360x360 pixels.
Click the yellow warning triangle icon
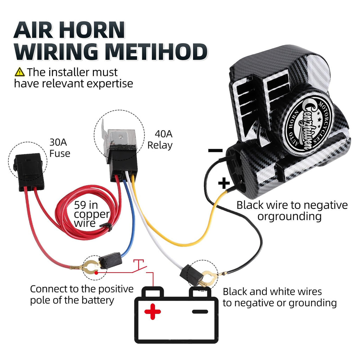tap(20, 72)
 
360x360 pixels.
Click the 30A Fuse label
tap(59, 148)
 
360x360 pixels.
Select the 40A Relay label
tap(160, 139)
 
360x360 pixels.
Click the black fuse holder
tap(29, 172)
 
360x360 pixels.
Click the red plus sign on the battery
tap(153, 311)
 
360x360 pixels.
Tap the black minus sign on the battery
tap(200, 311)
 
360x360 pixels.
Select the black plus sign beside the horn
tap(224, 183)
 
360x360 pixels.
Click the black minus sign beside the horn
tap(216, 150)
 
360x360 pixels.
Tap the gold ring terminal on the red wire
tap(88, 267)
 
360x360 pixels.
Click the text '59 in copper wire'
tap(91, 214)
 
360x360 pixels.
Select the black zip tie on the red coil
tap(106, 227)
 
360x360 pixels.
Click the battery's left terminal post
tap(153, 292)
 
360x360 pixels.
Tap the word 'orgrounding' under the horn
tap(289, 217)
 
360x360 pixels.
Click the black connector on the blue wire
tap(110, 260)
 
